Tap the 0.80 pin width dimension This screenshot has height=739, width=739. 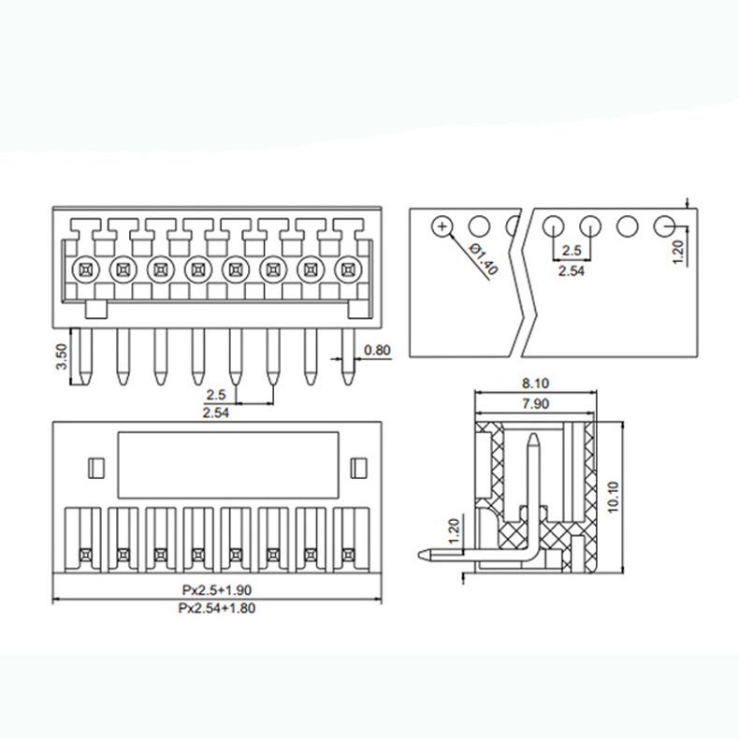coord(377,351)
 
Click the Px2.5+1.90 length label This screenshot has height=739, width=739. coord(216,590)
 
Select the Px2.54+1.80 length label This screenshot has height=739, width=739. coord(216,608)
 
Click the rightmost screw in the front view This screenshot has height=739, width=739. coord(349,269)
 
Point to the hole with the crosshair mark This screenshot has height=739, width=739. coord(442,225)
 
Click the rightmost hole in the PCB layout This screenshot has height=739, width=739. coord(665,225)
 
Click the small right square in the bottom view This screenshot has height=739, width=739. coord(356,467)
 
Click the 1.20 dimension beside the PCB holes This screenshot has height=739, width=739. coord(679,251)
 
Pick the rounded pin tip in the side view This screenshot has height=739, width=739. coord(422,554)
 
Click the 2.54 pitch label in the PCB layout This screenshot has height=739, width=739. coord(572,270)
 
